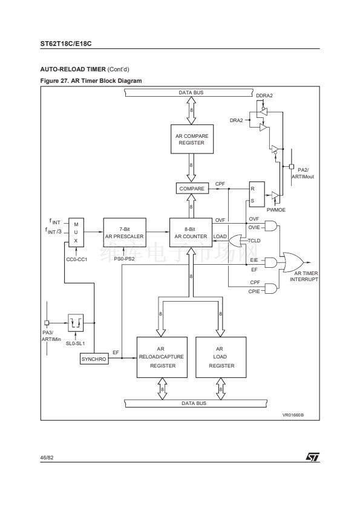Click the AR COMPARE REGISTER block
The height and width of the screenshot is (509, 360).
(x=192, y=139)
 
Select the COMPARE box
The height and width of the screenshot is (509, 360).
(x=192, y=189)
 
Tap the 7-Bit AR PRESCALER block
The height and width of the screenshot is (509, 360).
(x=125, y=232)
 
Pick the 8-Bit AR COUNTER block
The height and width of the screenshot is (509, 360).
(x=191, y=232)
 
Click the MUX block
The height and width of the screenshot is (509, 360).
(x=76, y=232)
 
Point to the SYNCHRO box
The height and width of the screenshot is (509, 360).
(x=94, y=359)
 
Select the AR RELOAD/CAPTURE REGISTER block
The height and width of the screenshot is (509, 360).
(x=162, y=357)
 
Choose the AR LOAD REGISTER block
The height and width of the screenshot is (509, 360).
(x=221, y=357)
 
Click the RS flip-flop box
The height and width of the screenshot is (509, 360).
(x=257, y=194)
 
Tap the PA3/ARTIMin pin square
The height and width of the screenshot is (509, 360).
(x=47, y=323)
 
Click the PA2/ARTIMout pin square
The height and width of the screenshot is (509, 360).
(x=292, y=166)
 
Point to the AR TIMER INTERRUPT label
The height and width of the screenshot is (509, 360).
(x=304, y=276)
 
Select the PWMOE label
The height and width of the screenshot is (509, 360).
(x=276, y=210)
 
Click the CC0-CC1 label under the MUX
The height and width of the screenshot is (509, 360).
(x=77, y=259)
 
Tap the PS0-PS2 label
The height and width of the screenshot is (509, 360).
(x=125, y=259)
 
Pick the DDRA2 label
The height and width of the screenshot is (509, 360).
(x=264, y=96)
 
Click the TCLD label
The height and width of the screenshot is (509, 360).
(x=254, y=241)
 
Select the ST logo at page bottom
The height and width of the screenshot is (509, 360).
(x=313, y=457)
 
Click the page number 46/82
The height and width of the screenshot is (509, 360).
(x=47, y=458)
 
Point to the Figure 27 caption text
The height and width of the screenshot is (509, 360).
(x=91, y=81)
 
